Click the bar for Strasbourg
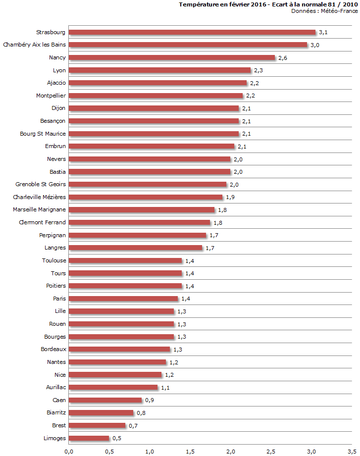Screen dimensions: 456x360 [x=192, y=32]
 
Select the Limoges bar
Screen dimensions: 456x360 [x=89, y=438]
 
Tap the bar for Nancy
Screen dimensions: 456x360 [x=172, y=58]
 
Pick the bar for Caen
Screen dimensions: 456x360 [x=105, y=400]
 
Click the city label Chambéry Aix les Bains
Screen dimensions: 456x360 [x=35, y=45]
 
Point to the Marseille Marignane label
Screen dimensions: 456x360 [x=40, y=209]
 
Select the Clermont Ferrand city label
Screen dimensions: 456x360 [x=42, y=222]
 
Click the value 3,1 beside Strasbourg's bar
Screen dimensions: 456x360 [x=323, y=32]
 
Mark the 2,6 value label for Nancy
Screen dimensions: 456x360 [x=283, y=58]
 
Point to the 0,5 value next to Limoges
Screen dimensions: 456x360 [x=117, y=438]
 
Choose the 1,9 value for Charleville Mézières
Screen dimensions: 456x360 [x=230, y=197]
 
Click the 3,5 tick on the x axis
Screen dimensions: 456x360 [x=352, y=451]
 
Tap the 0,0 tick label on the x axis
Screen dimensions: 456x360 [x=69, y=451]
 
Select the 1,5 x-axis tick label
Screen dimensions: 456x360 [x=190, y=451]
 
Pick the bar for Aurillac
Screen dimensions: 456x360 [x=113, y=387]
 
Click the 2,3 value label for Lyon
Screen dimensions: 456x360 [x=258, y=70]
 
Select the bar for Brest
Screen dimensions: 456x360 [x=98, y=425]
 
